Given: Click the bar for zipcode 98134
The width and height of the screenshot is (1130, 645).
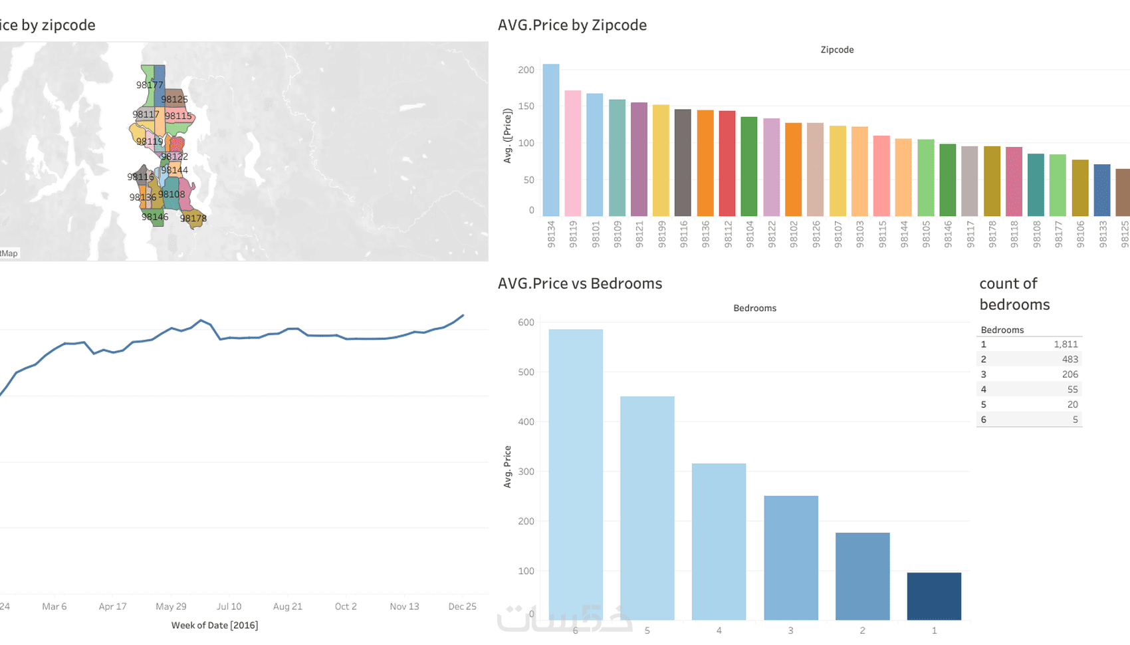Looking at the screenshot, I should point(551,140).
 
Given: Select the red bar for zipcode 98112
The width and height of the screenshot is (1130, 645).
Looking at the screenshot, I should point(727,164).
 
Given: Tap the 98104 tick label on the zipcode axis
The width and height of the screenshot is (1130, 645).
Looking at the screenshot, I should point(750,235).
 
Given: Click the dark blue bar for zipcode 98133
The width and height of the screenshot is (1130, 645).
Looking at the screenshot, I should point(1102,190).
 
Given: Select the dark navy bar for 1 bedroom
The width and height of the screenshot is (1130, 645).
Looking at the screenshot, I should point(934,596).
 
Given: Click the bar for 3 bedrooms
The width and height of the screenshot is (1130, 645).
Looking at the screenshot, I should point(791,558).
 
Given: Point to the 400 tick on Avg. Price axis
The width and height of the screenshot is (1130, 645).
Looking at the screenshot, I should point(526,422).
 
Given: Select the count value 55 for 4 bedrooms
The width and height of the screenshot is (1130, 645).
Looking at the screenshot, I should point(1072,390).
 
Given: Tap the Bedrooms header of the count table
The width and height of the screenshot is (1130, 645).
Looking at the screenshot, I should point(1002,330).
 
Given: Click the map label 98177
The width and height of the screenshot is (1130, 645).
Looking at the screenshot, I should point(150,85).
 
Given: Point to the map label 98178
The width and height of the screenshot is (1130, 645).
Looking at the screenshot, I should point(193,218).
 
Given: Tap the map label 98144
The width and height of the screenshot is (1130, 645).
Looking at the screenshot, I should point(174,170).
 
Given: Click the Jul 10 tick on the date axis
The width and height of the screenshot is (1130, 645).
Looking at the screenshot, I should point(229,606).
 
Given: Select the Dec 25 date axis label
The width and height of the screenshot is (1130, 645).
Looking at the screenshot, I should point(462,606).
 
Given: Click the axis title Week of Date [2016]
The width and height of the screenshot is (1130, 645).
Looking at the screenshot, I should point(215,625).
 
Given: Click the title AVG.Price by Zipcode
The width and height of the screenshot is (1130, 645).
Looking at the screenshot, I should point(572,25).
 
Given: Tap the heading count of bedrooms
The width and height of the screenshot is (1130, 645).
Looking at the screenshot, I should point(1014,294).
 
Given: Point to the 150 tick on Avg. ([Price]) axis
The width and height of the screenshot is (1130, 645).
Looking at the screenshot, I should point(526,106).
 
